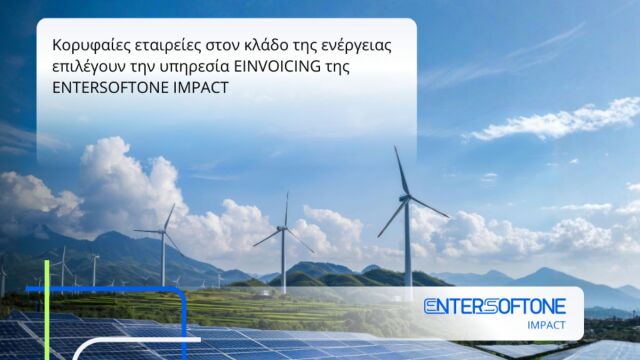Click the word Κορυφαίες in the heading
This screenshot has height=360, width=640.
pos(86,46)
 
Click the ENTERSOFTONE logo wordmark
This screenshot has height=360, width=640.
pos(494,306)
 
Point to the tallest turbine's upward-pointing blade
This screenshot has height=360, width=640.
pos(401,171)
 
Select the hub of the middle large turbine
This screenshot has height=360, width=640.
pos(283,228)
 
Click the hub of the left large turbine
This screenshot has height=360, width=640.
pos(163,231)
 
